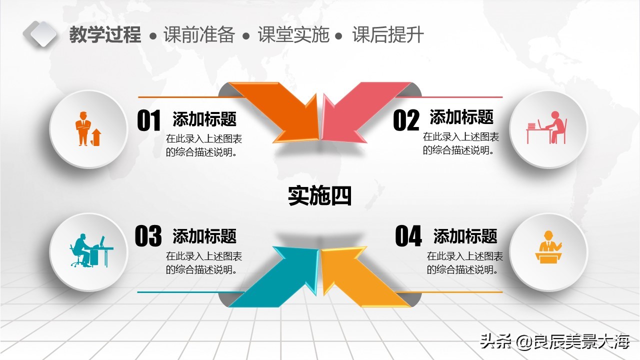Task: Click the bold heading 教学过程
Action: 105,35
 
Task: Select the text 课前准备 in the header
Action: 199,35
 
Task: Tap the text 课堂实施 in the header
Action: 293,35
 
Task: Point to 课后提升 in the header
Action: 388,35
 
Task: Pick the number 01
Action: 149,121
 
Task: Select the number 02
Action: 406,121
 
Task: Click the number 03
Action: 148,236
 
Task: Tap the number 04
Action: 408,236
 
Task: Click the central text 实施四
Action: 319,196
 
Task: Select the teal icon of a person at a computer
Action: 90,250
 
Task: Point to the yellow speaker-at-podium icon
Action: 548,247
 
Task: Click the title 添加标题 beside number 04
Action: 465,235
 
